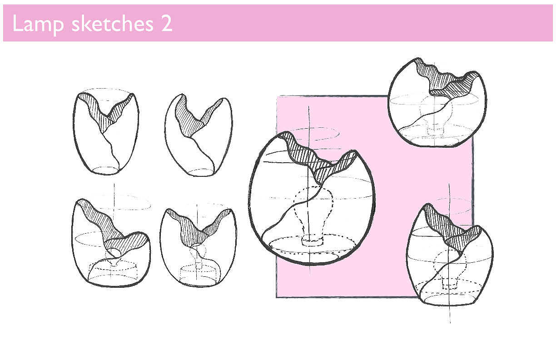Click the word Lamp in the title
38,24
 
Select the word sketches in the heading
113,24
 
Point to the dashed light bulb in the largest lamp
313,214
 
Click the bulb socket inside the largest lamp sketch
313,241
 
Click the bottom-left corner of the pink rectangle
277,297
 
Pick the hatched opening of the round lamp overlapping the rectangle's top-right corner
447,80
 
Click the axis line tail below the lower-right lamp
450,314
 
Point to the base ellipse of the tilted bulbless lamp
201,172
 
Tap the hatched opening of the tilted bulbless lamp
196,117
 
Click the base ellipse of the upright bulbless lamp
106,170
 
